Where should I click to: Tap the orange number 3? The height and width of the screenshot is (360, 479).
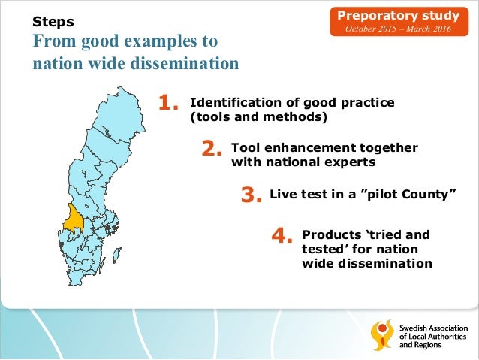[x=250, y=195]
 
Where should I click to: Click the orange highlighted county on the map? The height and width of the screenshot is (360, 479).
[x=74, y=218]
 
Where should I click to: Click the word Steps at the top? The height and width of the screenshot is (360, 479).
[x=52, y=21]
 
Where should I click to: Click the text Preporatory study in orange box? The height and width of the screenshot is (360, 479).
[x=399, y=14]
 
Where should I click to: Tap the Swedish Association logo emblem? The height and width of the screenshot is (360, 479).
[x=382, y=335]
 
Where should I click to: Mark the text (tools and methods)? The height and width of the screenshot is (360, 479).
[x=259, y=117]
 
